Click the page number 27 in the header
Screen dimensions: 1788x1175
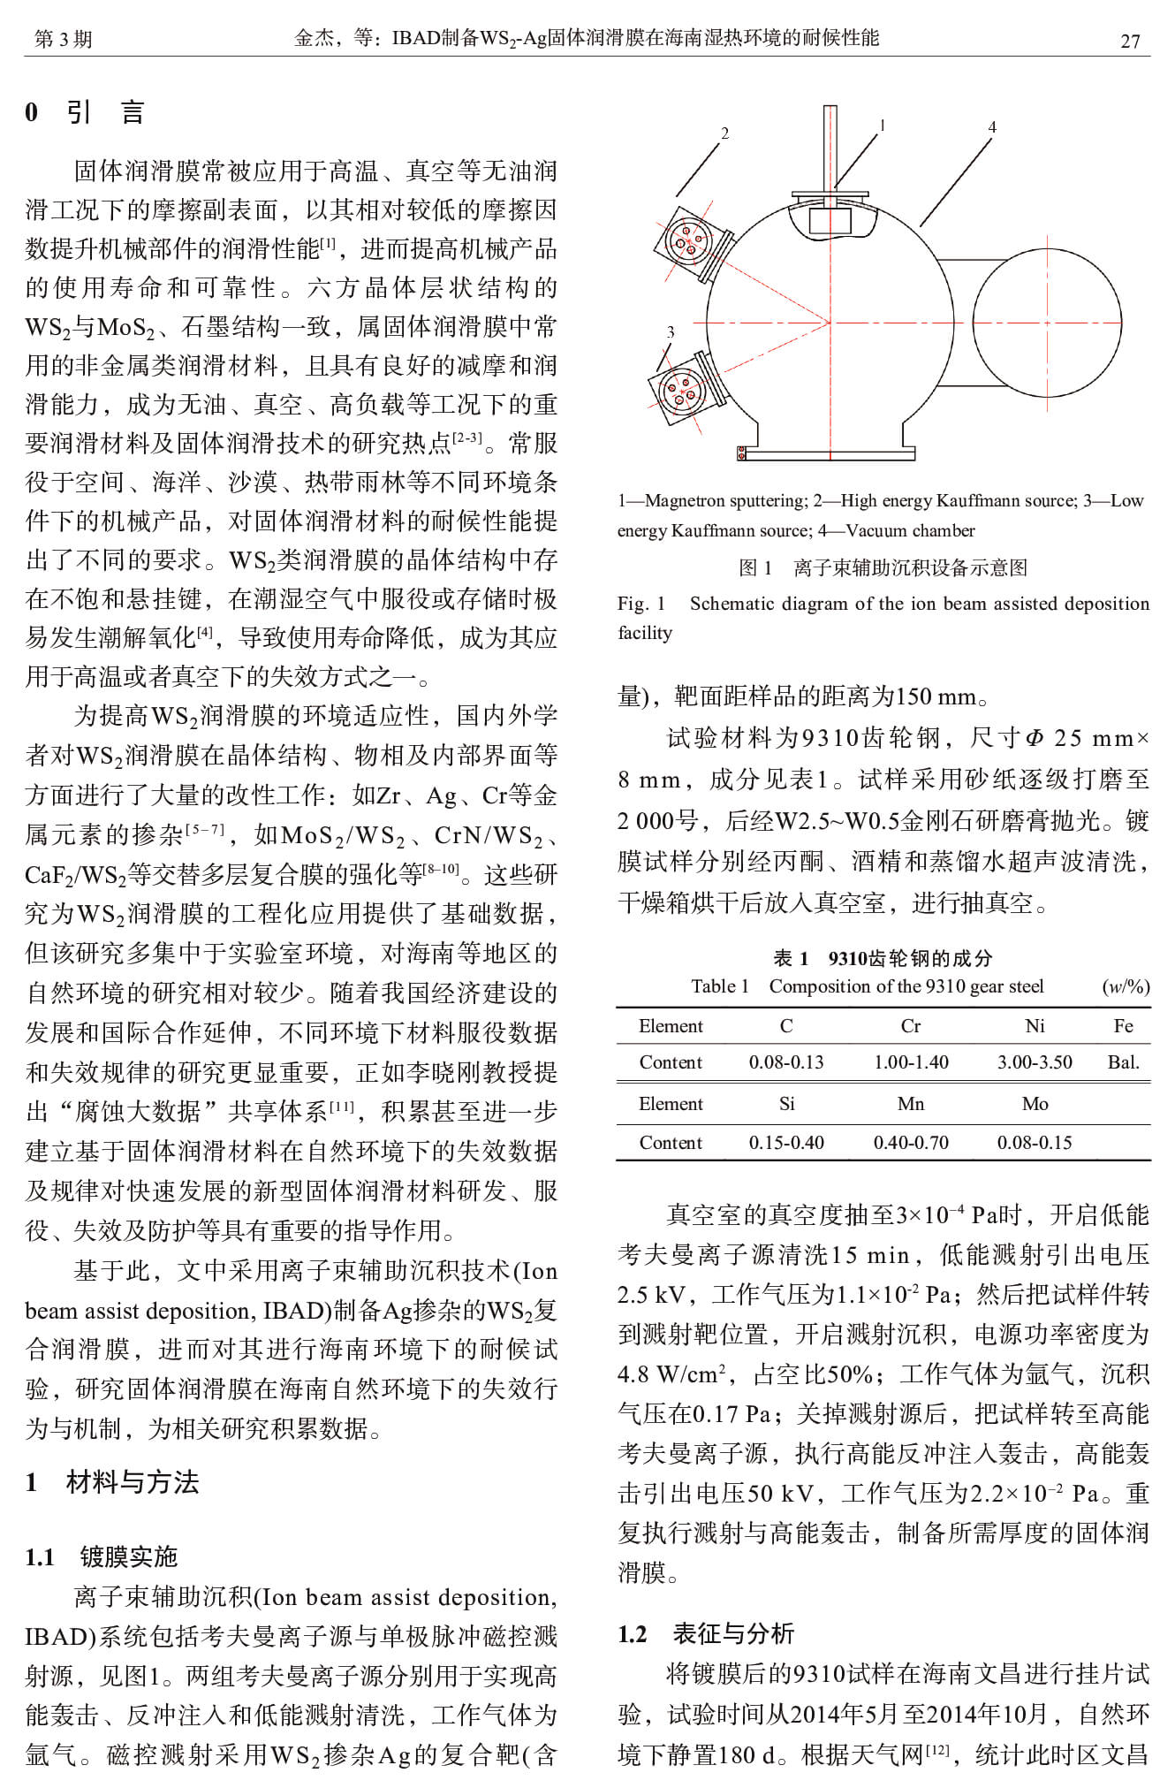(x=1130, y=41)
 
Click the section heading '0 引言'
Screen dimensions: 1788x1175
(x=85, y=112)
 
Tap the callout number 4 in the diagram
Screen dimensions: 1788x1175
(x=992, y=127)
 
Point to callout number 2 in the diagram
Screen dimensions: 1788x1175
(x=724, y=133)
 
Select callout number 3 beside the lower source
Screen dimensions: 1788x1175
(x=670, y=332)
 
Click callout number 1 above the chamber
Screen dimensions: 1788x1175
(x=882, y=126)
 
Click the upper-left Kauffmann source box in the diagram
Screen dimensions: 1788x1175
(x=692, y=239)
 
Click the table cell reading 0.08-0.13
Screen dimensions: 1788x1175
(x=786, y=1062)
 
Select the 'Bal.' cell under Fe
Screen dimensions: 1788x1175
(x=1123, y=1062)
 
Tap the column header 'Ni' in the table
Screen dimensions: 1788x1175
(x=1035, y=1026)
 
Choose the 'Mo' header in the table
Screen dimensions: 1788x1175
(x=1035, y=1104)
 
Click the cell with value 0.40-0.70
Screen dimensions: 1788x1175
(x=911, y=1143)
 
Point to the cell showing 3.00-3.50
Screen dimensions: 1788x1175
(x=1035, y=1062)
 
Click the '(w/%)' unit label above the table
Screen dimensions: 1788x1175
(x=1126, y=986)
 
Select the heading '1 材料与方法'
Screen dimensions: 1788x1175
(x=112, y=1482)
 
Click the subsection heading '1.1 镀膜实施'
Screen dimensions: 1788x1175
(x=102, y=1556)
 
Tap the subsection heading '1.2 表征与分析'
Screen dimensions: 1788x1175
(x=706, y=1633)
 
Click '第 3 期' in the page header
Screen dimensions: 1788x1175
(x=63, y=39)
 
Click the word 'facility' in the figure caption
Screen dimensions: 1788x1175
(x=645, y=633)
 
